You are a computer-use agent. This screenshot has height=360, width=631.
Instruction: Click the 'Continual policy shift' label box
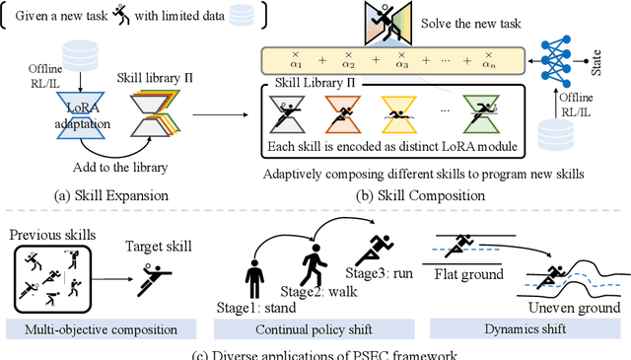(312, 326)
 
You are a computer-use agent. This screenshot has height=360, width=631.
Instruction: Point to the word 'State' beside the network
(608, 66)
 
